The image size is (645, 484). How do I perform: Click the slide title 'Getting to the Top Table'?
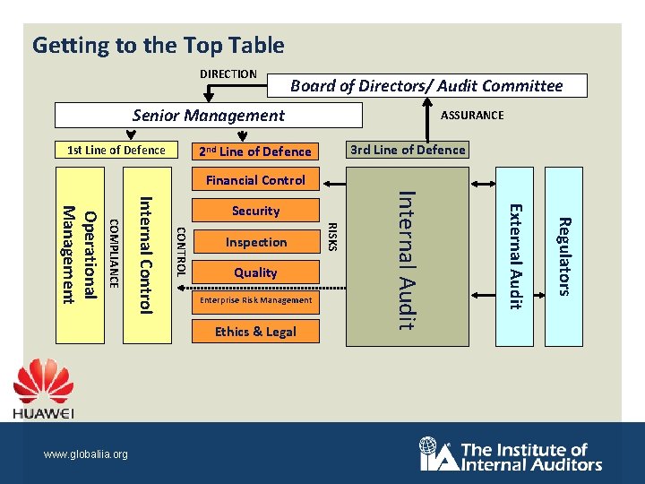pyautogui.click(x=158, y=45)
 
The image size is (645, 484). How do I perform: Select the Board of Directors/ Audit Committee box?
pyautogui.click(x=426, y=85)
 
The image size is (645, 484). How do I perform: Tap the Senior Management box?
pyautogui.click(x=208, y=115)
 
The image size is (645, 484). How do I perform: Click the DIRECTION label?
pyautogui.click(x=228, y=73)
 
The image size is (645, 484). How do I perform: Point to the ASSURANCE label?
pyautogui.click(x=472, y=115)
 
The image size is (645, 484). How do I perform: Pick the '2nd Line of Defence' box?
pyautogui.click(x=254, y=151)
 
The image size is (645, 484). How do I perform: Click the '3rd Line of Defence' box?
pyautogui.click(x=408, y=150)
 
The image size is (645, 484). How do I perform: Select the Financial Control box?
pyautogui.click(x=255, y=180)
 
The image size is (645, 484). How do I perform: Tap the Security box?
pyautogui.click(x=255, y=211)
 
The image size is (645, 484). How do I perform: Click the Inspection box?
pyautogui.click(x=256, y=242)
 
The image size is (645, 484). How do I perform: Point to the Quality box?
pyautogui.click(x=255, y=272)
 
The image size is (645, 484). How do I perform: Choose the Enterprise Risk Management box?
pyautogui.click(x=255, y=300)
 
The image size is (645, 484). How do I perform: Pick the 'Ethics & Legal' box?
pyautogui.click(x=255, y=332)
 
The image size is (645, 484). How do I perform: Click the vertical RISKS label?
pyautogui.click(x=333, y=236)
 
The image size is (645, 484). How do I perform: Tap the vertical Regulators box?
pyautogui.click(x=563, y=256)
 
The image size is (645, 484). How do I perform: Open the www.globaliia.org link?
pyautogui.click(x=86, y=454)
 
